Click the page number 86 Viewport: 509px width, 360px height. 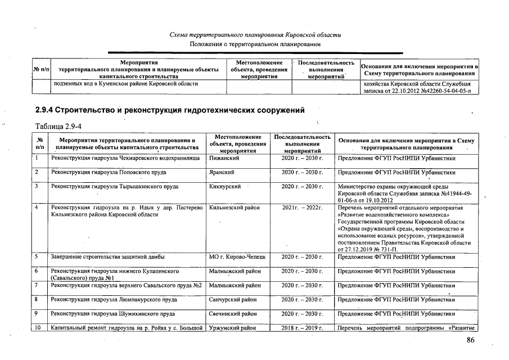(x=471, y=340)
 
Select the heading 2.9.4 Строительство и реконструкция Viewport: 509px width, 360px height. (x=170, y=110)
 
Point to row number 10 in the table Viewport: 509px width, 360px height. (x=38, y=327)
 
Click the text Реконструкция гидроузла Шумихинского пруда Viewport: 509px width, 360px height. (x=113, y=313)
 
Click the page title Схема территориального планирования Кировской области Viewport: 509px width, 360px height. (x=255, y=35)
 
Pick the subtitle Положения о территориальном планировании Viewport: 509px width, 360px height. (x=255, y=44)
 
